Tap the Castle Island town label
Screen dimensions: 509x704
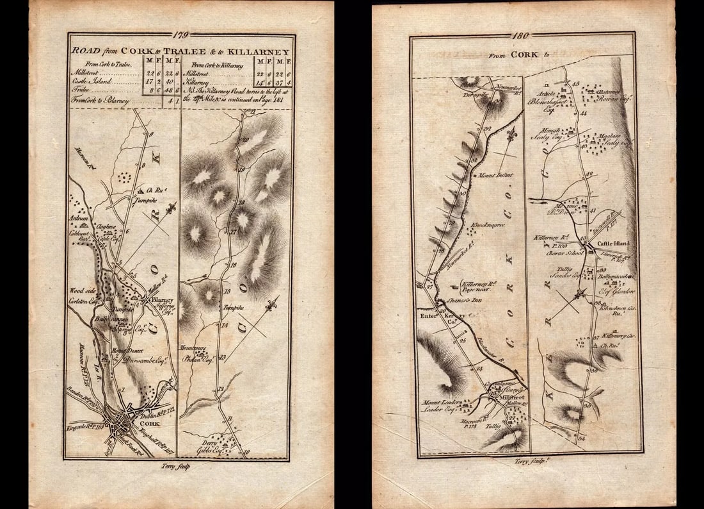613,244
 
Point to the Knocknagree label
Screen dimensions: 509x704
488,225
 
